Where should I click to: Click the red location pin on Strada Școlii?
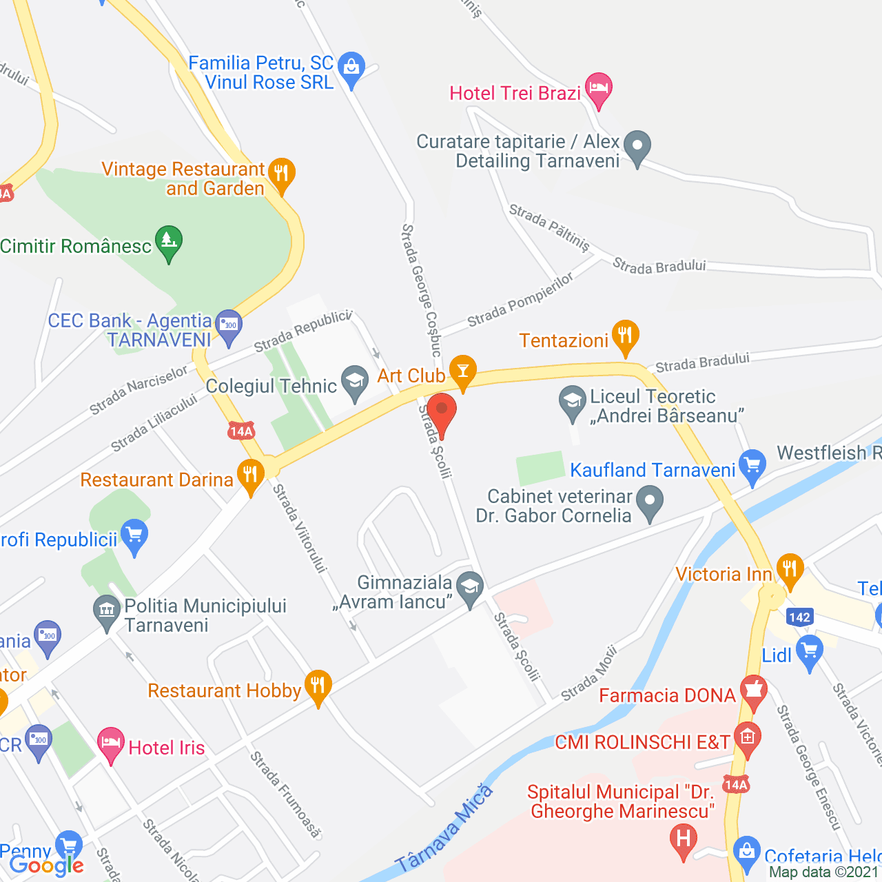[442, 411]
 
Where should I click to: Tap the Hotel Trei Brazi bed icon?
[598, 88]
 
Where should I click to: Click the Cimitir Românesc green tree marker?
[169, 241]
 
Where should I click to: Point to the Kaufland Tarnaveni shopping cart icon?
[752, 465]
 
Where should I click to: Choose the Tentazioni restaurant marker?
[625, 336]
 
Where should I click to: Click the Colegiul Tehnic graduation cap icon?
[355, 381]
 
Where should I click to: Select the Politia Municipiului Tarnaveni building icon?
[106, 610]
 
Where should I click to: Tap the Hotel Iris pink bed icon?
[110, 743]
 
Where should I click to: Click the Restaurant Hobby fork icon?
[318, 686]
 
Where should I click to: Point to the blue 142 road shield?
[799, 617]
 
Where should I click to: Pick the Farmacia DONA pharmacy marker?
[753, 690]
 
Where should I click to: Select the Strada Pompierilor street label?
[520, 300]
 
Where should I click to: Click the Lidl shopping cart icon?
[809, 650]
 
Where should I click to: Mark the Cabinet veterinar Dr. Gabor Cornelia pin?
[649, 501]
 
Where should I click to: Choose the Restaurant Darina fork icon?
[250, 475]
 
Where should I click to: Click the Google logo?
[46, 865]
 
